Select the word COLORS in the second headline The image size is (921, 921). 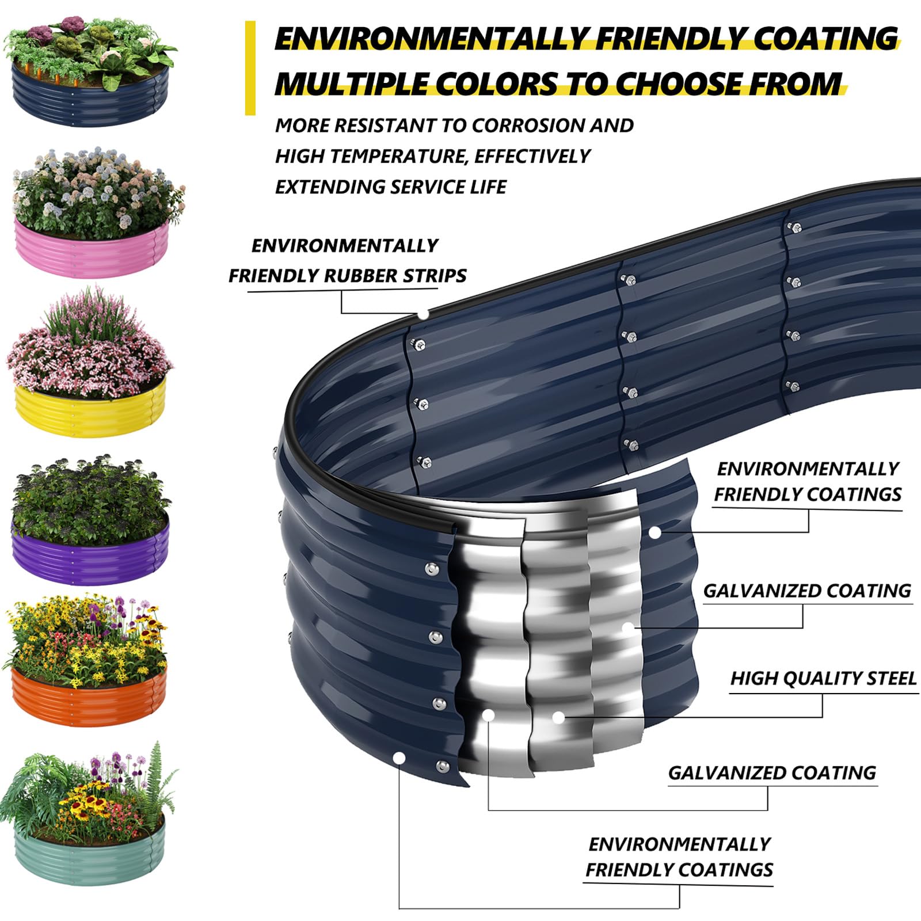[x=496, y=84]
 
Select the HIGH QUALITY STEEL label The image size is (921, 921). [x=823, y=679]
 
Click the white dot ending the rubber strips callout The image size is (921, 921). [x=423, y=314]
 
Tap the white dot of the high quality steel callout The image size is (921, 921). [x=558, y=717]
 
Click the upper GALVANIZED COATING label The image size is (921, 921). [x=807, y=591]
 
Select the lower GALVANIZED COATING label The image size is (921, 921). [x=772, y=773]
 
